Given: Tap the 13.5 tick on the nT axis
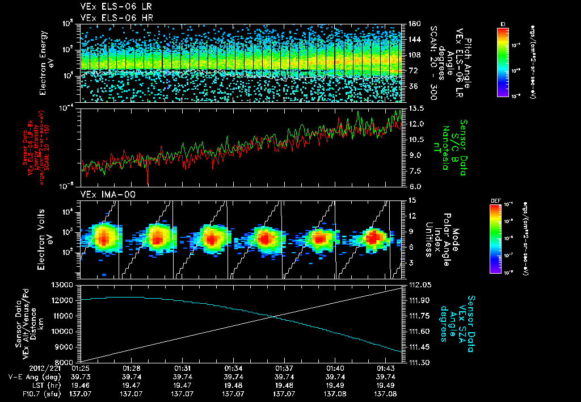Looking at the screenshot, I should (x=414, y=108).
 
